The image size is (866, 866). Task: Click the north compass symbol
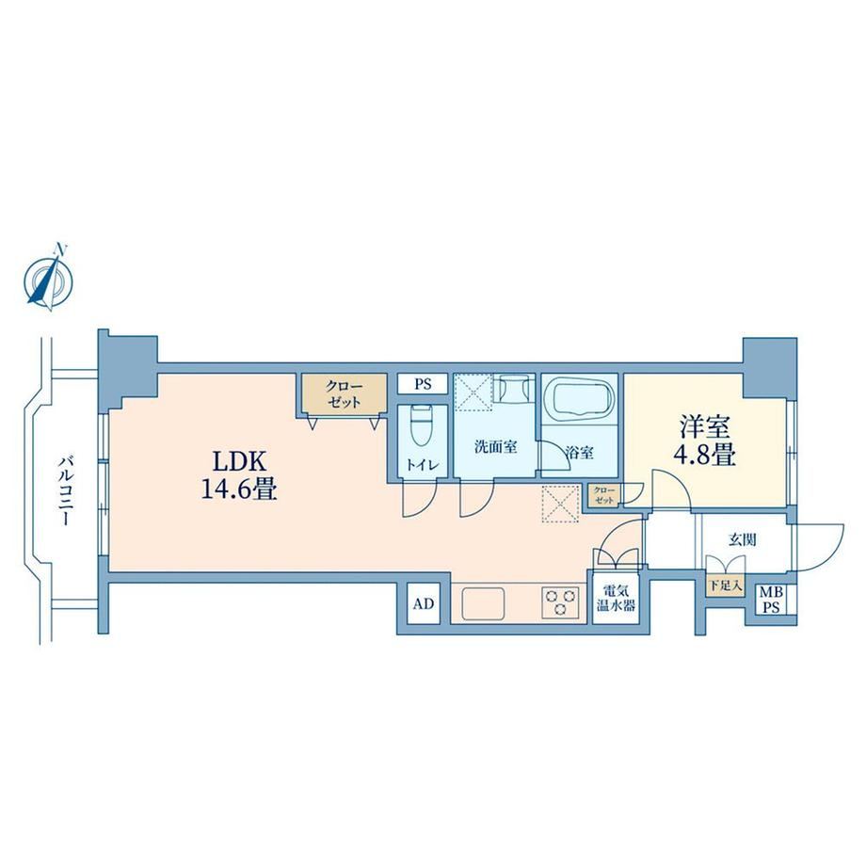point(49,278)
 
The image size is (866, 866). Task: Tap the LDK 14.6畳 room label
point(238,475)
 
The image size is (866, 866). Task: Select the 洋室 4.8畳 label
point(704,441)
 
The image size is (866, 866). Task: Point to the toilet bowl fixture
point(423,426)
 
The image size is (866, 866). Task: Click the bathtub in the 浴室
point(579,396)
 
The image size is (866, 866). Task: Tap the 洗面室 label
point(495,447)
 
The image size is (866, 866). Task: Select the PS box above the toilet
point(423,384)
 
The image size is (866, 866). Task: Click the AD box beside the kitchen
point(424,603)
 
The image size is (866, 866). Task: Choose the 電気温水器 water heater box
point(616,598)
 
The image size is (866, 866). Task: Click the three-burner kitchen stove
point(561,601)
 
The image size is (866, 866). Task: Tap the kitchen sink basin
point(484,603)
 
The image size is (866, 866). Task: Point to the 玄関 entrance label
point(742,539)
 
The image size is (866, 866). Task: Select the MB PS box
point(772,600)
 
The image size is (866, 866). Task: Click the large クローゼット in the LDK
point(344,393)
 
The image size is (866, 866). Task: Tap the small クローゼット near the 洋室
point(604,494)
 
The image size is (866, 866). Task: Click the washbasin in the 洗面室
point(514,390)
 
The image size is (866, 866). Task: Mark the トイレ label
point(423,465)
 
